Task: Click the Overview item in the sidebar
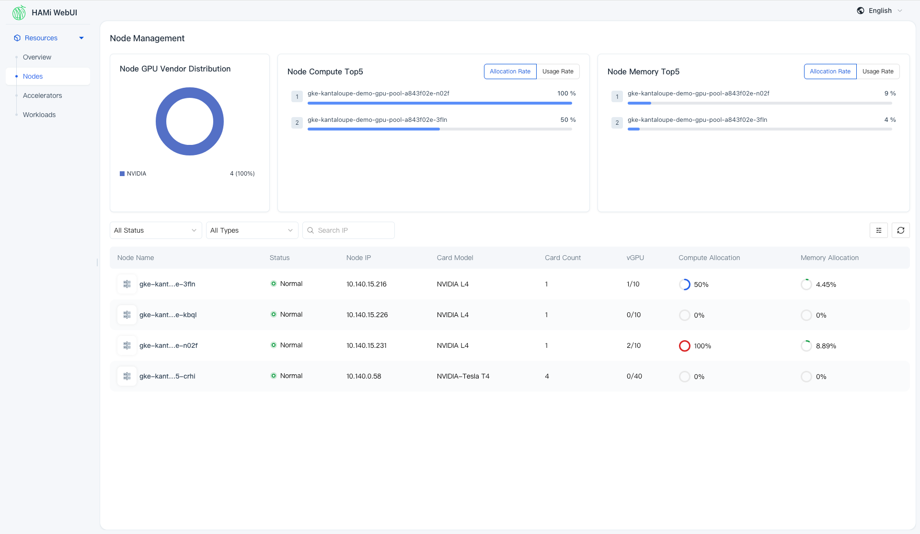[37, 57]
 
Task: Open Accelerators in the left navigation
[42, 95]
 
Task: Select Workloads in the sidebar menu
[39, 115]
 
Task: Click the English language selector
[880, 11]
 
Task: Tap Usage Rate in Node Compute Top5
[558, 71]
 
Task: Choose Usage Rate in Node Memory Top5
[878, 71]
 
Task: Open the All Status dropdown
[155, 230]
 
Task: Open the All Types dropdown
[252, 230]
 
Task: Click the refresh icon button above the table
[901, 230]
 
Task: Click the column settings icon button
[879, 230]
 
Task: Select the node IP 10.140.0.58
[364, 376]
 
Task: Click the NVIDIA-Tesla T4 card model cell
[463, 376]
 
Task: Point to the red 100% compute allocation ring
[685, 346]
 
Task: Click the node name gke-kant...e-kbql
[168, 315]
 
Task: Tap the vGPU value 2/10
[633, 345]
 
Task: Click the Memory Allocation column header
[829, 258]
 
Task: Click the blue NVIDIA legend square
[122, 174]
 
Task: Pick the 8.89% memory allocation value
[826, 346]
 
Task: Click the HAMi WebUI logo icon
[19, 12]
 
